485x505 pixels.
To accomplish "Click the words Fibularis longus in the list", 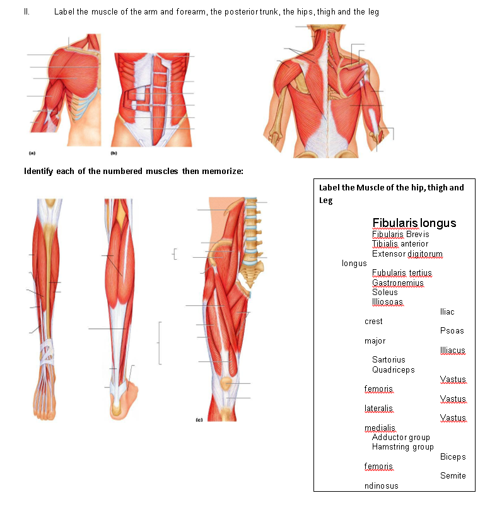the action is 414,223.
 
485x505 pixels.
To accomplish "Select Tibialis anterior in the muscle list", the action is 400,244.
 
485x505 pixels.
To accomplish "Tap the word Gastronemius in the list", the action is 397,283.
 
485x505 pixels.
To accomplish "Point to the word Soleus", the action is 385,293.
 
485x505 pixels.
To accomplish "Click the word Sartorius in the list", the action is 389,360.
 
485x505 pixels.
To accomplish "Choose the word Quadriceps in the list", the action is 393,369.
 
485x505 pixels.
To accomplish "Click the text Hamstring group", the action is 402,447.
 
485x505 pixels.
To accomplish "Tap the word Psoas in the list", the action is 452,331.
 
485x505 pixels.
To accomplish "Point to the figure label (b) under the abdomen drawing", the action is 114,153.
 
